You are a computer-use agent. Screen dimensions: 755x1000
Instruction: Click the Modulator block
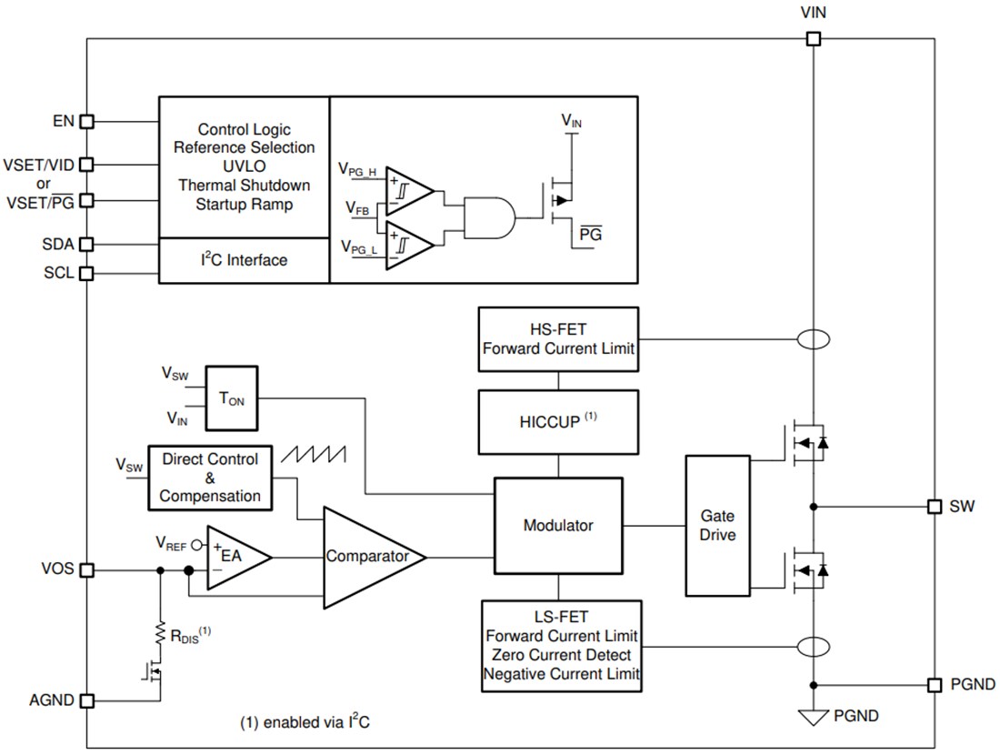point(558,526)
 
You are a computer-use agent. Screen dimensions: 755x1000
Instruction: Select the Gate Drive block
point(717,526)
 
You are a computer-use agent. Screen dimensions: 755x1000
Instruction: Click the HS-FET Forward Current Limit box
point(558,338)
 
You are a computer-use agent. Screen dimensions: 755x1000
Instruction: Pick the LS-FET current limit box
point(562,645)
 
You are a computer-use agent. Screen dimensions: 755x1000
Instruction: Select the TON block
point(232,398)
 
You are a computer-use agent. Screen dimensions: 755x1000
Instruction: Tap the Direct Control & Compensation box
point(210,478)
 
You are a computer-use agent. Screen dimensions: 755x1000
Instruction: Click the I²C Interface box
point(244,261)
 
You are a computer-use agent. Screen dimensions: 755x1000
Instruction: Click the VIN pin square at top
point(814,39)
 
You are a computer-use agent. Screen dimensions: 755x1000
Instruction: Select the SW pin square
point(934,507)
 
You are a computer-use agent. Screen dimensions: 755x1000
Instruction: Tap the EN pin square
point(87,121)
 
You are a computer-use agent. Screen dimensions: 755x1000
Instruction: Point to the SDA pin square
point(87,244)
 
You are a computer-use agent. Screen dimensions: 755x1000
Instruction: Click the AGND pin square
point(87,700)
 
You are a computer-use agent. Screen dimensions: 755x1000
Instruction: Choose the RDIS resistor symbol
point(160,632)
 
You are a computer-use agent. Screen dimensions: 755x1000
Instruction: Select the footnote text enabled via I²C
point(305,723)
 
